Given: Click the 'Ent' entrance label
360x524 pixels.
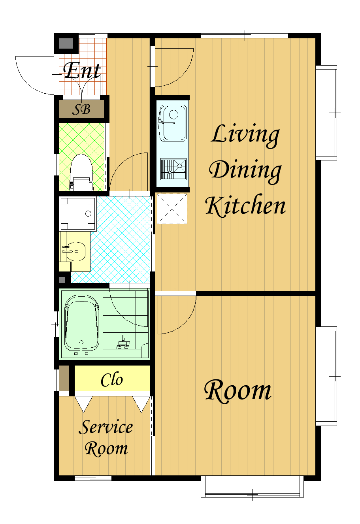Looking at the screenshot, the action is tap(82, 71).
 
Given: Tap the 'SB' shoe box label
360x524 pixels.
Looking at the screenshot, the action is tap(81, 109).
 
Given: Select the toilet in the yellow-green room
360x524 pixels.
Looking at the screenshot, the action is tap(81, 172).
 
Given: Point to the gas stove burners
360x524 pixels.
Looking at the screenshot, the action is tap(173, 169).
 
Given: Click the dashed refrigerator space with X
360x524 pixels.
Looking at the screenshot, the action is tap(172, 209).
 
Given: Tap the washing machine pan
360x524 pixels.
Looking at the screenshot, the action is tap(78, 213).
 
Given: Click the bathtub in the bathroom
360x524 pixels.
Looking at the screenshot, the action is tap(81, 325).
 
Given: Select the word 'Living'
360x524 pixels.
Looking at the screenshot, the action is tap(245, 136).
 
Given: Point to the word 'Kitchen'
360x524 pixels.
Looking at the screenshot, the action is tap(245, 205).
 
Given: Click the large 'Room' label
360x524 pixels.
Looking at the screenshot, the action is tap(238, 391).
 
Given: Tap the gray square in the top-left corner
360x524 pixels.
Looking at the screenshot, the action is tap(66, 43).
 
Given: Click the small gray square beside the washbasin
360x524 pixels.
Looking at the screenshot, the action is tap(62, 280).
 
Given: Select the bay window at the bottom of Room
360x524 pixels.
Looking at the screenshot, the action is tap(252, 486).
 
